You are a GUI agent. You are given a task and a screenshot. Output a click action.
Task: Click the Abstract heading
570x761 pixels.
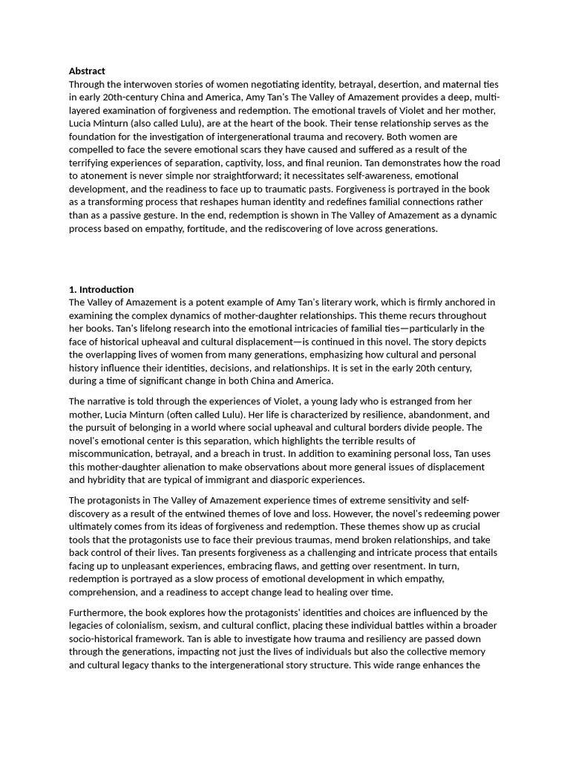[87, 71]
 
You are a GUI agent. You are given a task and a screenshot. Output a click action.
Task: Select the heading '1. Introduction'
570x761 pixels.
[101, 289]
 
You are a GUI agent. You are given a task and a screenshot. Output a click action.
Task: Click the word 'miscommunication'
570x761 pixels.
[111, 454]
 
